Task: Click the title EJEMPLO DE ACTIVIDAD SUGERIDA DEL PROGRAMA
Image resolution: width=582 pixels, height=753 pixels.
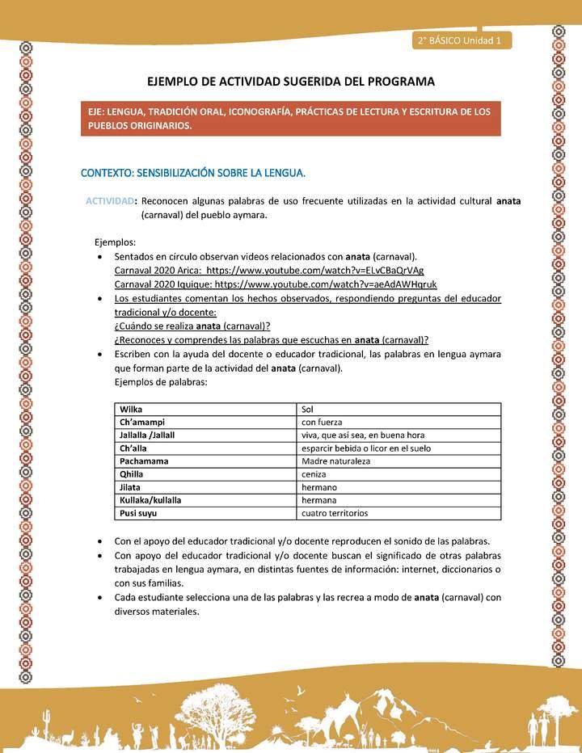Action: pos(290,82)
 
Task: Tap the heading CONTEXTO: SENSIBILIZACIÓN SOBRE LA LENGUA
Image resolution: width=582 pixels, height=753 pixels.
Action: pos(192,173)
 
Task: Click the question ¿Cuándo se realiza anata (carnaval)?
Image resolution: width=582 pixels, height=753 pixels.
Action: pos(192,326)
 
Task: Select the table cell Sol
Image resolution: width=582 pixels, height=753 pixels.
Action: pos(307,410)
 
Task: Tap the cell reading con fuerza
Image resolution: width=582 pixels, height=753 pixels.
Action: pos(322,422)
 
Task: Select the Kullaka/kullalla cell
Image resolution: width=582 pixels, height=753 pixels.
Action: pos(150,500)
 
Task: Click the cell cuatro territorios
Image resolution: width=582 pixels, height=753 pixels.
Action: pos(335,513)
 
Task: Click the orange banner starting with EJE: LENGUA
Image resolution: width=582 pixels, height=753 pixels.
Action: pos(291,119)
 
